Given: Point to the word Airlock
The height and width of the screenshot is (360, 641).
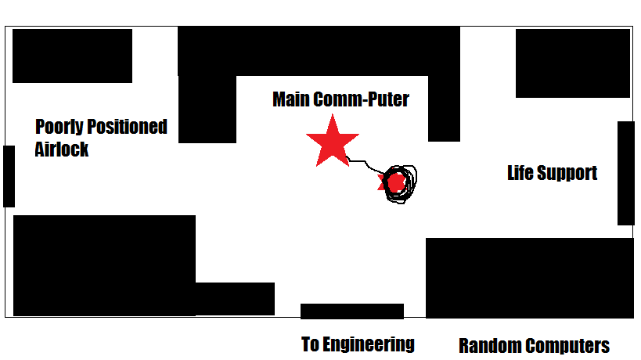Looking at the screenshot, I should pyautogui.click(x=62, y=149).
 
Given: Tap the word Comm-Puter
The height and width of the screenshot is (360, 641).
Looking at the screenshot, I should pyautogui.click(x=361, y=100).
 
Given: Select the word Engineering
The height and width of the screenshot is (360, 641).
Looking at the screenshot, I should pyautogui.click(x=369, y=344).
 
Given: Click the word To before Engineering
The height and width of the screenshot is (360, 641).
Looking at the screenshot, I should pyautogui.click(x=311, y=344).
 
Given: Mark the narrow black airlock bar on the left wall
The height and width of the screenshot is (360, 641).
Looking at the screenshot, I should pyautogui.click(x=9, y=176).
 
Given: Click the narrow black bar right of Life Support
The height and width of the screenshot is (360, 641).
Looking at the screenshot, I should pyautogui.click(x=625, y=173).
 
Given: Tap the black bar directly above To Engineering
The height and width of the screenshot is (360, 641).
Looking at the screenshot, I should pyautogui.click(x=352, y=311).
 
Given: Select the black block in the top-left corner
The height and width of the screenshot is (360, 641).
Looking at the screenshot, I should pyautogui.click(x=72, y=56).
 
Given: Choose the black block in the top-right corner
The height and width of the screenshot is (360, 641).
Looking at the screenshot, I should pyautogui.click(x=572, y=63).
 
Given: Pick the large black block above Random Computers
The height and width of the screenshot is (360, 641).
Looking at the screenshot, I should pyautogui.click(x=529, y=278).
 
